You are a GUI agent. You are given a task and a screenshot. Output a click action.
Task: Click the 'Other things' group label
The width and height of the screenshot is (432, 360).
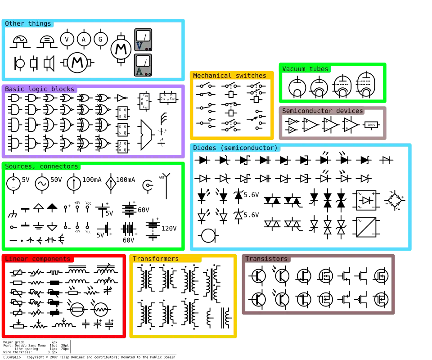28,24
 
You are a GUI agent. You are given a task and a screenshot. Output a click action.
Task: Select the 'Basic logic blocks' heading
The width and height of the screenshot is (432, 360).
40,89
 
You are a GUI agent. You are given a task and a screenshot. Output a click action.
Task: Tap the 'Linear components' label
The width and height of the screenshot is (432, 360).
38,259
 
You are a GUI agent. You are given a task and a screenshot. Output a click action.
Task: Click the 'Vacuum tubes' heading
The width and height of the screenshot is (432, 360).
306,69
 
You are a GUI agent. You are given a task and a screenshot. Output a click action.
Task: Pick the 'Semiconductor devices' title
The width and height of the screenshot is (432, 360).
323,111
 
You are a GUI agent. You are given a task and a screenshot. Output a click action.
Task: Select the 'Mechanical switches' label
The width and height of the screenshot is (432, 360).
229,76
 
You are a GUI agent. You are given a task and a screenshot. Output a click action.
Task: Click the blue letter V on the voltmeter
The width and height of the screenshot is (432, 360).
139,46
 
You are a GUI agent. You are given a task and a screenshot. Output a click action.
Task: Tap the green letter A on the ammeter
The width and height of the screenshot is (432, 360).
139,71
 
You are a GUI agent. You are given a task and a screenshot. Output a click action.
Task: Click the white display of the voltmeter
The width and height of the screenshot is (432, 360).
143,36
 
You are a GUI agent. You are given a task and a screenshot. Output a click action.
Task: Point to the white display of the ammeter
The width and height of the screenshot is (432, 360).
143,61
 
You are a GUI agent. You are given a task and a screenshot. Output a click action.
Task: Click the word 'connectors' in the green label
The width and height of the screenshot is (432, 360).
59,166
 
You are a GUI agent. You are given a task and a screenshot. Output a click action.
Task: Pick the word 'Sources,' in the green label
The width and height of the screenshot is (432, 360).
20,166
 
